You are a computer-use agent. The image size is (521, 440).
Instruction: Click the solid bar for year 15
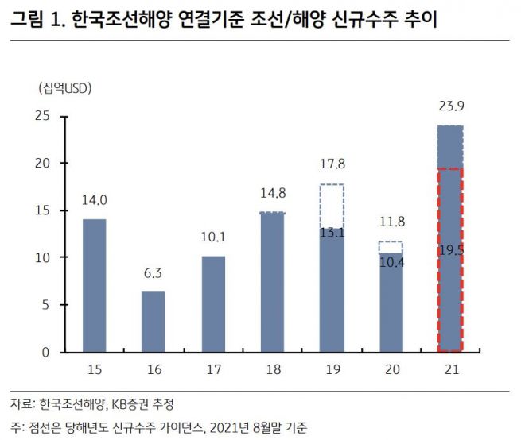tap(95, 285)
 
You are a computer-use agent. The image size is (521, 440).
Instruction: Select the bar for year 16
tap(154, 321)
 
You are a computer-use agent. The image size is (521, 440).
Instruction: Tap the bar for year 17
tap(213, 303)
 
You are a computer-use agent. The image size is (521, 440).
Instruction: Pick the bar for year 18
tap(272, 282)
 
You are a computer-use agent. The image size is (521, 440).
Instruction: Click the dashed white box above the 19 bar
tap(332, 206)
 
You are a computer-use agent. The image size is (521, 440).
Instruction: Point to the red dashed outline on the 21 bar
tap(450, 260)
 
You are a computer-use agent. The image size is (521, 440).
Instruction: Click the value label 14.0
tap(95, 201)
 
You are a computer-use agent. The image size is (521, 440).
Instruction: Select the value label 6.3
tap(154, 274)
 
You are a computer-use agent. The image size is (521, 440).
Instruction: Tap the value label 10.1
tap(213, 237)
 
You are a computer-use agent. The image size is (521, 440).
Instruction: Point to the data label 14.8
tap(272, 193)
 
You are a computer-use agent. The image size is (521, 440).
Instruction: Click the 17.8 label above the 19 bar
tap(332, 165)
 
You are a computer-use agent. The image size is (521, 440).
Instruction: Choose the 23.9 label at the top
tap(450, 106)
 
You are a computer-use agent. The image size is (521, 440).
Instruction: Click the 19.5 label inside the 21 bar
tap(450, 249)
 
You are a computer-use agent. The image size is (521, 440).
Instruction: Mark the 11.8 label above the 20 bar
tap(391, 222)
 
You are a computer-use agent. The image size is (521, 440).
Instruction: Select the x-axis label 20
tap(391, 370)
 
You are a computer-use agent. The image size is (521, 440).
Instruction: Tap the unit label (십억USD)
tap(64, 88)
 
